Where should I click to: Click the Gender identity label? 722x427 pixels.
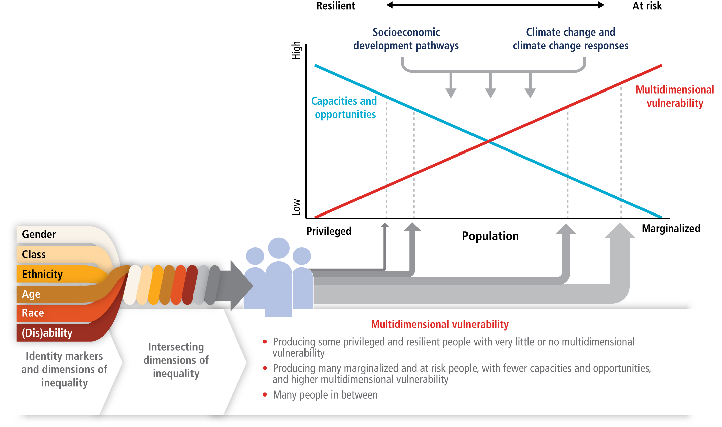(39, 234)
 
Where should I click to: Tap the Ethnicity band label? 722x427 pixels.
(42, 274)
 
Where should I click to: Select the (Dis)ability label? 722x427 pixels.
(47, 333)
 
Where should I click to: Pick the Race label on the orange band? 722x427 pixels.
(33, 313)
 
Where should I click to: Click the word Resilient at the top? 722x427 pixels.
(336, 6)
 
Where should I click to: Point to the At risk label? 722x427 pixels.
(647, 6)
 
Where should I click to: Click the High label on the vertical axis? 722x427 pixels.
(296, 50)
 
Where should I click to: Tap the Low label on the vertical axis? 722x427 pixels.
(296, 207)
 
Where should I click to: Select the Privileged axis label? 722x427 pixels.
(329, 231)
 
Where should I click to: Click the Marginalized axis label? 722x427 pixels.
(671, 229)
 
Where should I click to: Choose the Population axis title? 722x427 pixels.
(490, 236)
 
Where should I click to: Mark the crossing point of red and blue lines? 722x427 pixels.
(489, 141)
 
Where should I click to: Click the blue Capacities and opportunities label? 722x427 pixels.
(344, 108)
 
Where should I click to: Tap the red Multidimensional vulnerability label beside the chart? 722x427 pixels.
(675, 96)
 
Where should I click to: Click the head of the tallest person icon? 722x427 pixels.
(279, 248)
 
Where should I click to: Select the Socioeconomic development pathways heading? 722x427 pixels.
(406, 39)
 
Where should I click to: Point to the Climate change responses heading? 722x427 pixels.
(570, 39)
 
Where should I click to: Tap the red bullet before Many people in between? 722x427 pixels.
(265, 395)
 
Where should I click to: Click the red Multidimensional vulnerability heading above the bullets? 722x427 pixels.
(440, 324)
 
